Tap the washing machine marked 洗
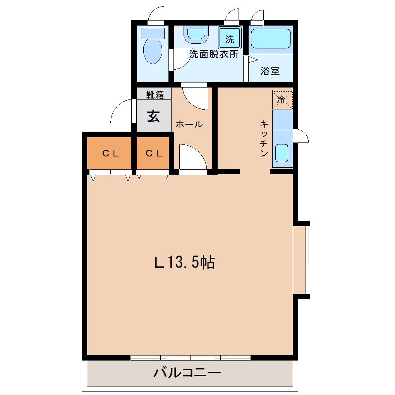pyautogui.click(x=230, y=38)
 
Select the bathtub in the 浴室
pyautogui.click(x=271, y=38)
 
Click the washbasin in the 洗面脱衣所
pyautogui.click(x=196, y=34)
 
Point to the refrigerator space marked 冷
pyautogui.click(x=282, y=100)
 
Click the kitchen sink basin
pyautogui.click(x=282, y=153)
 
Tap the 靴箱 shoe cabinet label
pyautogui.click(x=155, y=95)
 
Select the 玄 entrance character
pyautogui.click(x=153, y=116)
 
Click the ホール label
pyautogui.click(x=189, y=124)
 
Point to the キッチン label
pyautogui.click(x=264, y=139)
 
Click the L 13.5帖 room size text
pyautogui.click(x=184, y=262)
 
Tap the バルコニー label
pyautogui.click(x=187, y=372)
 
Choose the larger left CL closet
pyautogui.click(x=109, y=153)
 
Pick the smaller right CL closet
pyautogui.click(x=153, y=153)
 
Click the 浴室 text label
pyautogui.click(x=270, y=71)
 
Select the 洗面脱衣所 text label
pyautogui.click(x=214, y=54)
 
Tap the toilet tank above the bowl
pyautogui.click(x=153, y=33)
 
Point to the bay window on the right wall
pyautogui.click(x=302, y=260)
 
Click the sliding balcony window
pyautogui.click(x=191, y=358)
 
